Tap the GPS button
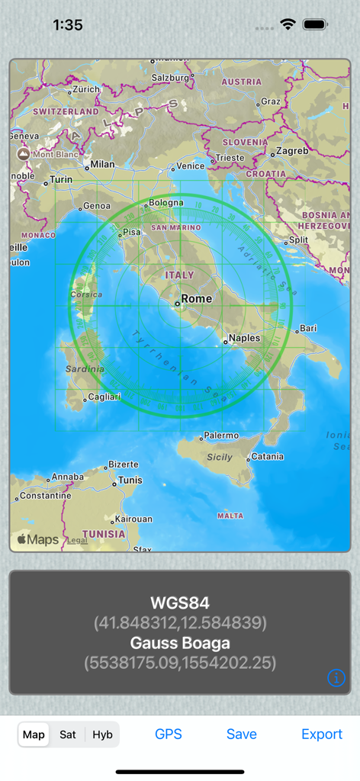[168, 734]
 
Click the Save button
[241, 734]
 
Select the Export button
[322, 734]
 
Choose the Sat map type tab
[68, 734]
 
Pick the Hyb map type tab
[102, 734]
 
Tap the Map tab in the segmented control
[34, 734]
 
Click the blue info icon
[336, 677]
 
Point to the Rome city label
[196, 298]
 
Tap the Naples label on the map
[244, 338]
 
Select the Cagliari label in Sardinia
[104, 397]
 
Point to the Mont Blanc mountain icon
[24, 154]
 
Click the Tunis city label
[130, 480]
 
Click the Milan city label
[102, 164]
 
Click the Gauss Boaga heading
[180, 643]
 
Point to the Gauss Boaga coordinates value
[180, 662]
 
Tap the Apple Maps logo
[38, 539]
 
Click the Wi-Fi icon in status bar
[288, 24]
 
